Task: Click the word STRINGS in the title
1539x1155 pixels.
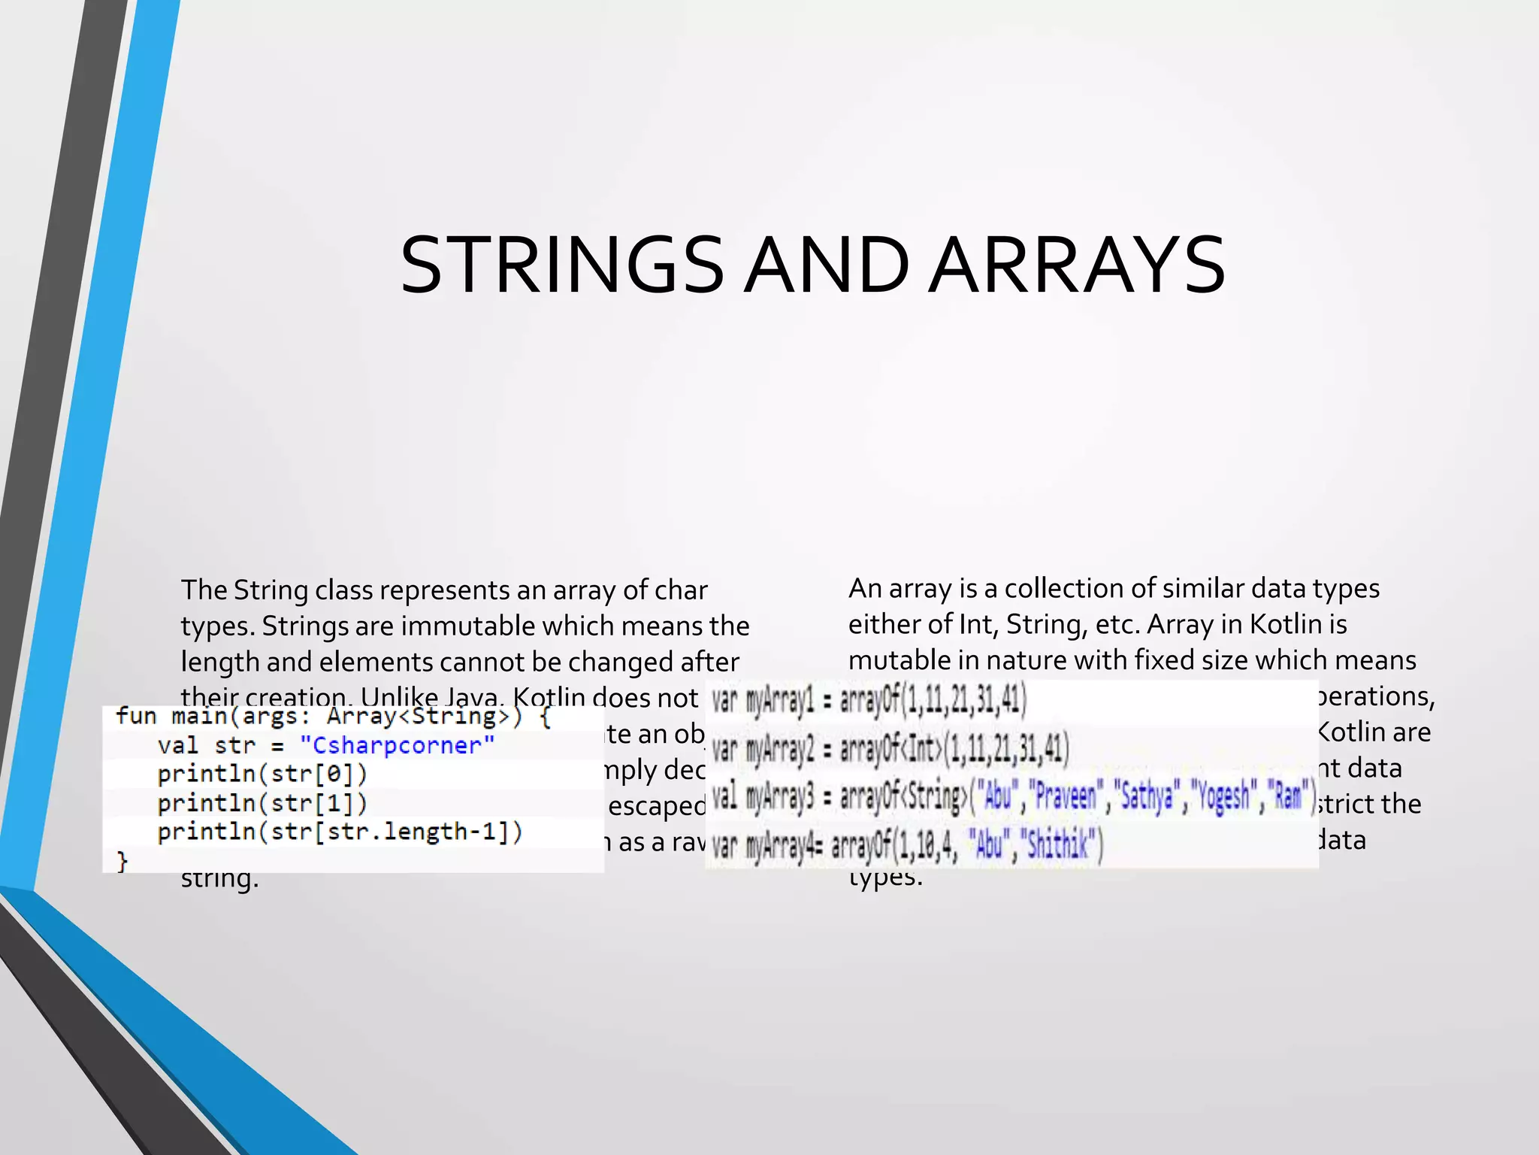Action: point(562,265)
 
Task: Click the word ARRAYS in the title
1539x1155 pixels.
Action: point(1076,265)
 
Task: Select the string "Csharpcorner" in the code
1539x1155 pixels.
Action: point(397,745)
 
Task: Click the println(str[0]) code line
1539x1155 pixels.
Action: point(262,774)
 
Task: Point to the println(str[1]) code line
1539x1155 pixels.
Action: point(262,803)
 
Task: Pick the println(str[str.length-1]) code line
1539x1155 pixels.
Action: point(340,832)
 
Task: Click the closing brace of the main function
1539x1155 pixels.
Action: point(122,861)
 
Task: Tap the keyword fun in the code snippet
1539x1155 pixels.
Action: point(136,716)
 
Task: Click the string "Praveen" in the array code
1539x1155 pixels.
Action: point(1066,796)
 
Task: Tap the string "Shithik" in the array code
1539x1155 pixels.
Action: point(1060,846)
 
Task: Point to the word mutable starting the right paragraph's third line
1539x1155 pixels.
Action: point(899,660)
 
